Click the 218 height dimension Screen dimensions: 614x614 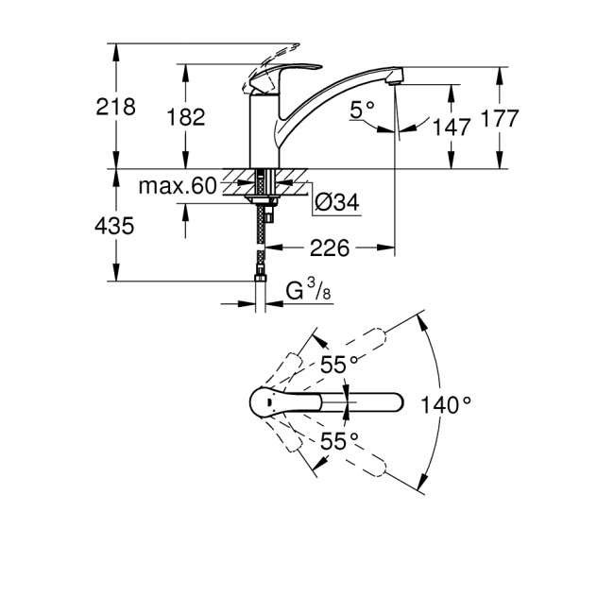pos(115,106)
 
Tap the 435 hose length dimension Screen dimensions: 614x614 pos(115,226)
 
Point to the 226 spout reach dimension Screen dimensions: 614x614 pos(330,248)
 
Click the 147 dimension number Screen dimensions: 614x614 pos(452,128)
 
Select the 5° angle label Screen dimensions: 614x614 pos(363,111)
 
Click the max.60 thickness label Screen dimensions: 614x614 pos(177,186)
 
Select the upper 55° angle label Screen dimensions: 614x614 pos(339,363)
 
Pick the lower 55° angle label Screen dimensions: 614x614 pos(339,441)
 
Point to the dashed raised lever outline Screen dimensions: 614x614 pos(275,51)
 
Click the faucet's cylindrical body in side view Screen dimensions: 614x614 pos(264,132)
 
